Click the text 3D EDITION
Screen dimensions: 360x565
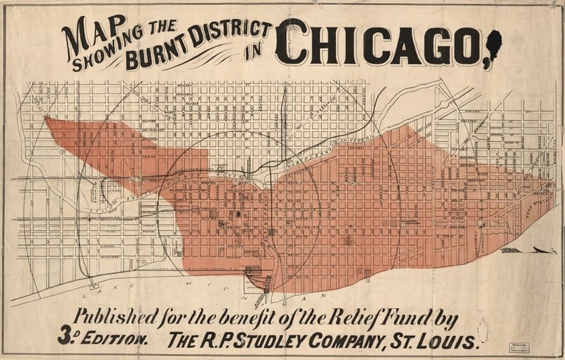point(103,340)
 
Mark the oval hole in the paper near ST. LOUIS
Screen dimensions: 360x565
point(482,328)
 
